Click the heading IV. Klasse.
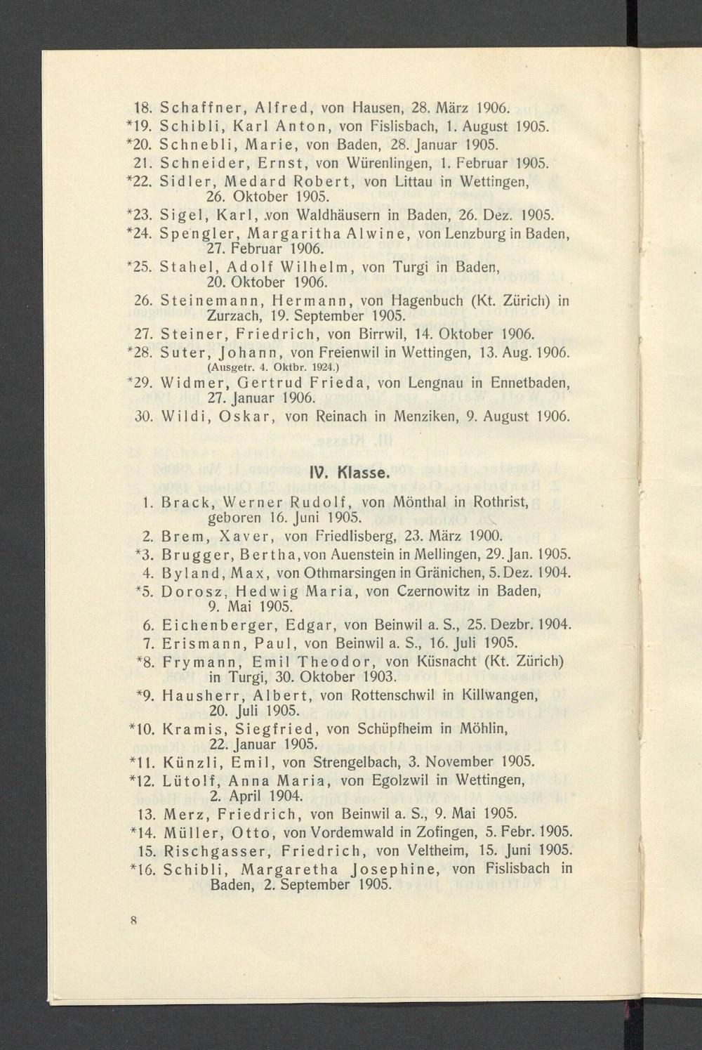[349, 473]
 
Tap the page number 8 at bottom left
[132, 919]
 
